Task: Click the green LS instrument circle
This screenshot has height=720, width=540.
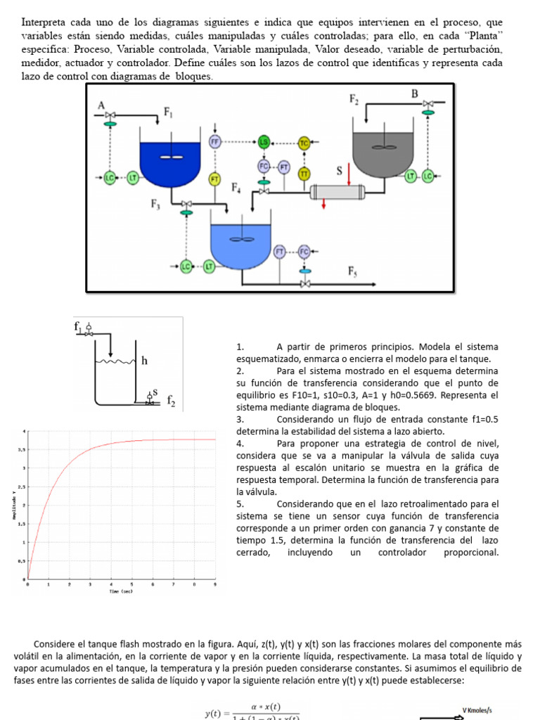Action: click(x=264, y=143)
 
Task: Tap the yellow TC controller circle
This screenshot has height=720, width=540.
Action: click(x=304, y=143)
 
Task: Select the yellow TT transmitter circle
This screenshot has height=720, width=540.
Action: click(x=304, y=173)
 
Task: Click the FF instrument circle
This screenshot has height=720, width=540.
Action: click(x=216, y=142)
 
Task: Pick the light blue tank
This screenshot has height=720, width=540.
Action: click(x=240, y=243)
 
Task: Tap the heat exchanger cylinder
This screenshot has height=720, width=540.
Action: click(x=337, y=191)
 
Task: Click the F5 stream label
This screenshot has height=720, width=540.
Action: click(x=353, y=271)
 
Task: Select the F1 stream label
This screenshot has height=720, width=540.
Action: click(x=169, y=111)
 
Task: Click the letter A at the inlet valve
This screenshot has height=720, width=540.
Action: click(x=101, y=105)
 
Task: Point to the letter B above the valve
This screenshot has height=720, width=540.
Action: click(x=414, y=94)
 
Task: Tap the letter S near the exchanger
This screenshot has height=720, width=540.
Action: click(x=340, y=171)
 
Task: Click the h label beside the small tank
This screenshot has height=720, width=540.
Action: click(x=144, y=361)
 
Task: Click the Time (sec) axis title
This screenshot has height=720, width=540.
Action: click(x=121, y=592)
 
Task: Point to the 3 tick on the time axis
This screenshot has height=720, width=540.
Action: click(x=90, y=584)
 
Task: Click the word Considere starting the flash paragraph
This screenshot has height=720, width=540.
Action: click(x=60, y=643)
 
